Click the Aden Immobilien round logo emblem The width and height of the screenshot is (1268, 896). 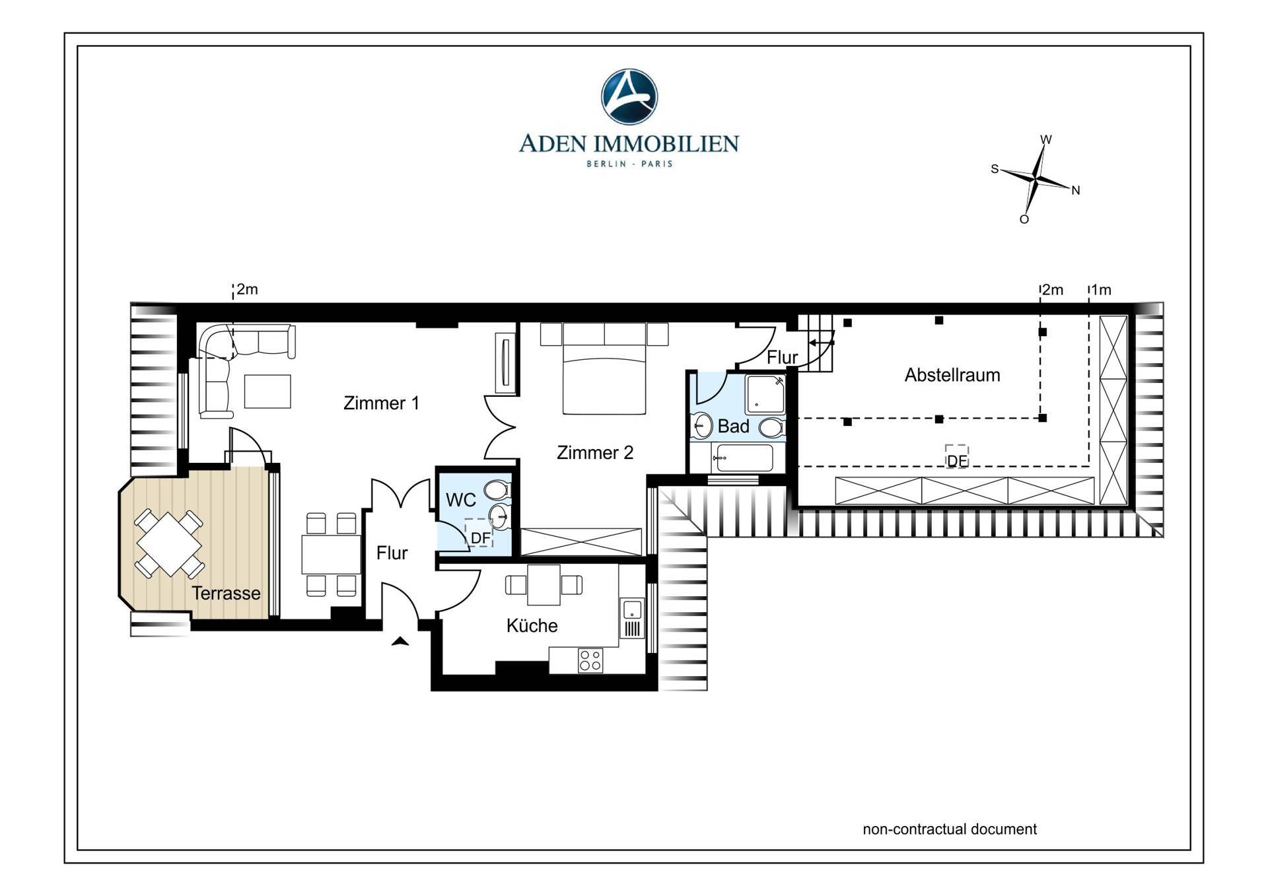coord(629,96)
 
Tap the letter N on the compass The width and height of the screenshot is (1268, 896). coord(1075,191)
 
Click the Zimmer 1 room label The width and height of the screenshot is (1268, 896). coord(381,403)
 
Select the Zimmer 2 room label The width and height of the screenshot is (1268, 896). coord(595,452)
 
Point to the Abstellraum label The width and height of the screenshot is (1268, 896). coord(952,375)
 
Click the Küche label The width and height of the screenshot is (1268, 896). coord(532,625)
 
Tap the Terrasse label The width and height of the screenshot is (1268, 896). coord(226,593)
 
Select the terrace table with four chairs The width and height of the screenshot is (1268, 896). coord(169,544)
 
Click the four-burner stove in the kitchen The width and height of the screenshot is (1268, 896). coord(590,660)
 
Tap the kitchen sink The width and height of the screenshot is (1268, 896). coord(632,609)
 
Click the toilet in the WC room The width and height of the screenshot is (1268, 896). coord(496,490)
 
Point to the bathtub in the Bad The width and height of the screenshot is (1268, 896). coord(745,458)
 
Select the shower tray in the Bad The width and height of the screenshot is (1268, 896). coord(765,395)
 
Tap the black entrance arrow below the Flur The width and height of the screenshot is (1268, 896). coord(400,640)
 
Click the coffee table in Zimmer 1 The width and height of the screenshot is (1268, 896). coord(267,392)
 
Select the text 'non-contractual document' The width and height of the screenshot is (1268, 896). coord(950,829)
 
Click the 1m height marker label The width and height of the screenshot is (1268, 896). coord(1102,290)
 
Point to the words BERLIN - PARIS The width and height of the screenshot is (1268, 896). coord(629,164)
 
